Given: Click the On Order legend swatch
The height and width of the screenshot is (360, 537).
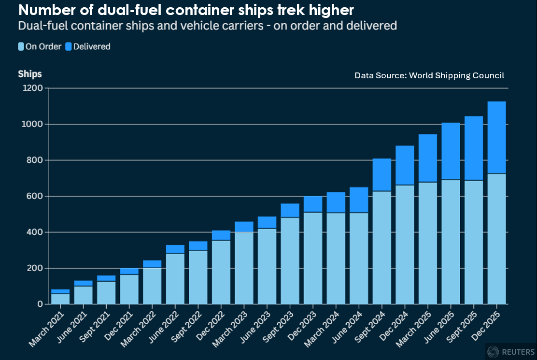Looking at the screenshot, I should click(x=21, y=47).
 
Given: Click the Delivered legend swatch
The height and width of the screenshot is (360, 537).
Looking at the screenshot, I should click(x=68, y=47).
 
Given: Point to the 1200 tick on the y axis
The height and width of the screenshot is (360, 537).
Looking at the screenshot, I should click(x=37, y=88).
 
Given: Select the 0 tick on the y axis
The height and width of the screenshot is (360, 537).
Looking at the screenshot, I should click(x=41, y=304).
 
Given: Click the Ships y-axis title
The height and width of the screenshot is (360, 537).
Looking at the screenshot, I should click(x=30, y=74).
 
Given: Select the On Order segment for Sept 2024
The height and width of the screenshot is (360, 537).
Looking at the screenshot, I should click(x=382, y=247).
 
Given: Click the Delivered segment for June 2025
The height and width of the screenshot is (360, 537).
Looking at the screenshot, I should click(x=451, y=151).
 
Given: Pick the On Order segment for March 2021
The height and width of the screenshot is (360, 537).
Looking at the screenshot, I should click(x=60, y=299).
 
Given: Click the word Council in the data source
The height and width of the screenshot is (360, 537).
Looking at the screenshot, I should click(x=488, y=75).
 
